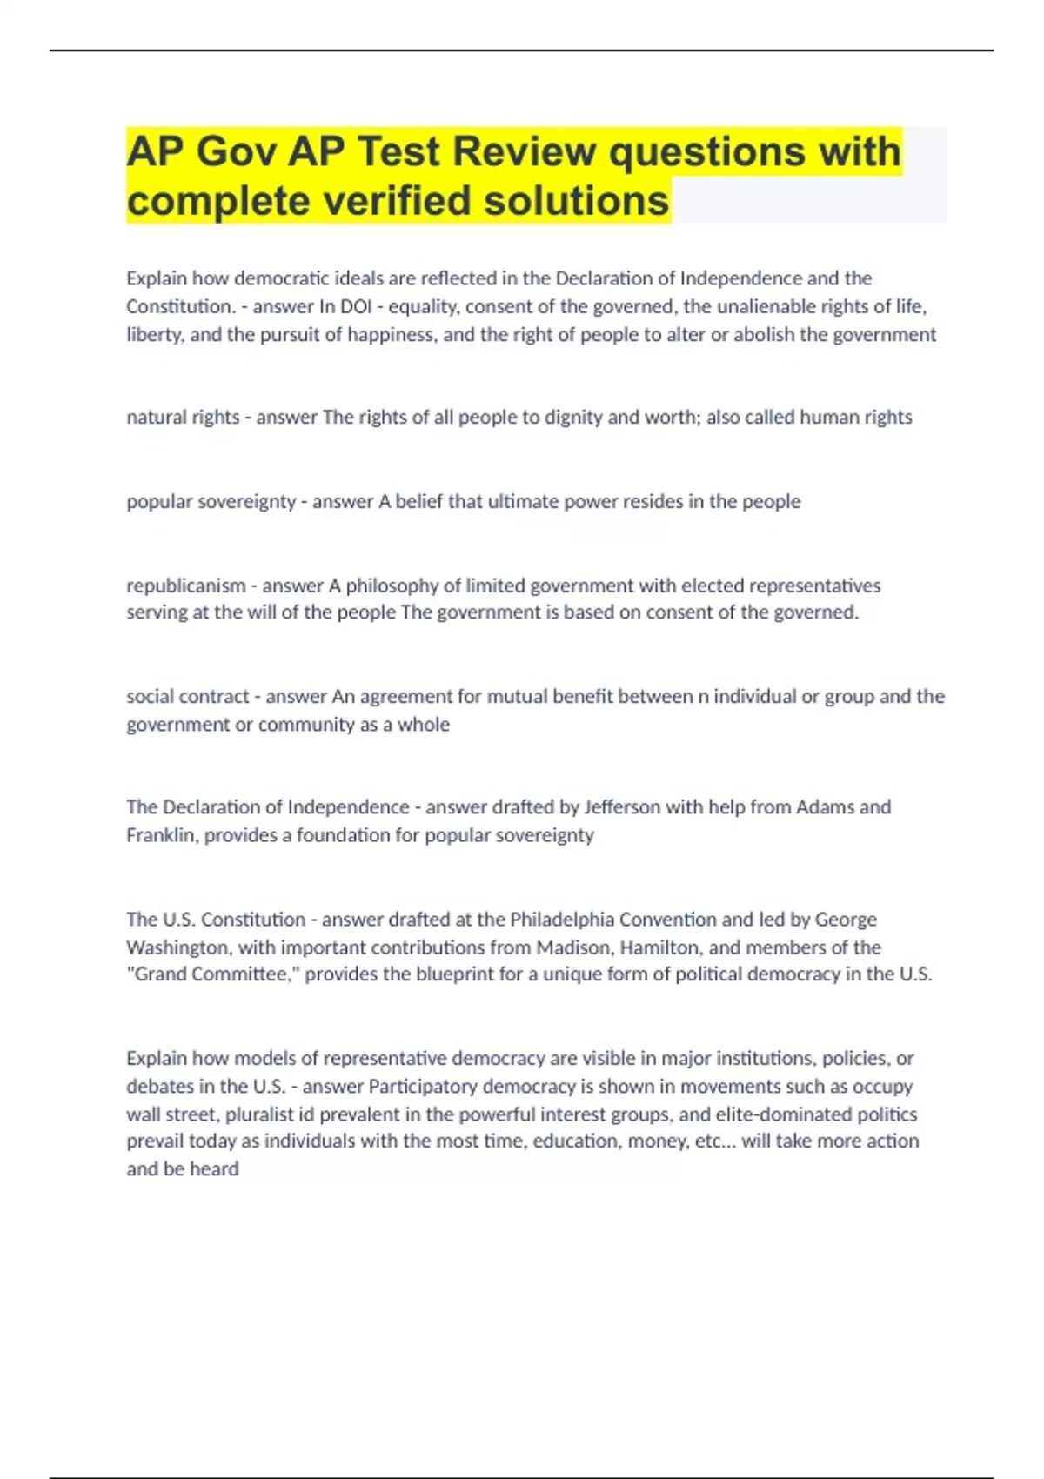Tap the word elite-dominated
[760, 1114]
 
